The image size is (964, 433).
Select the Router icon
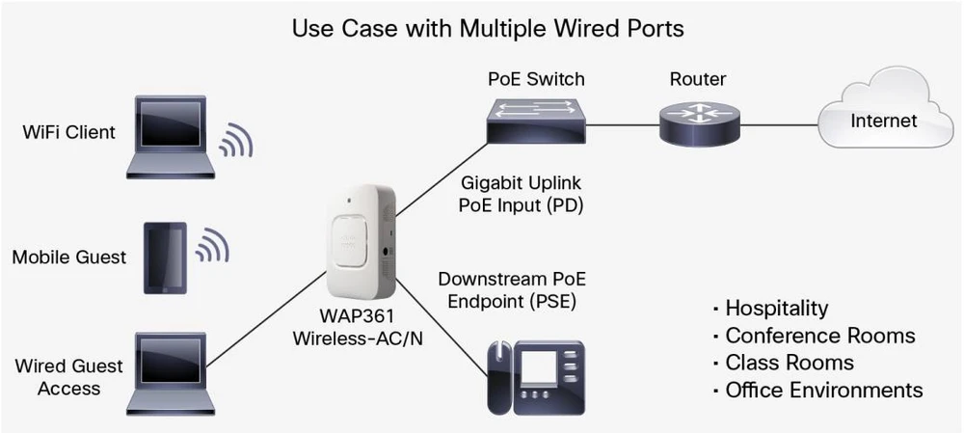tap(699, 123)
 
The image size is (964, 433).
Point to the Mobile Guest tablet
tap(165, 257)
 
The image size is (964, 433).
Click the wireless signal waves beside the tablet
tap(212, 248)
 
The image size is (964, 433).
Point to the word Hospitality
tap(776, 309)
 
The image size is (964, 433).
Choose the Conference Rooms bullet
tap(819, 336)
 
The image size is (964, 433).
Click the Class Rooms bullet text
tap(789, 363)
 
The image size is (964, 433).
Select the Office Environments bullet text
tap(823, 390)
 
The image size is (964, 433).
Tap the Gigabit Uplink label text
tap(507, 181)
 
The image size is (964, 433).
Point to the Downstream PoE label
tap(511, 280)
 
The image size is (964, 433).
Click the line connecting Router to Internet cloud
tap(779, 123)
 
